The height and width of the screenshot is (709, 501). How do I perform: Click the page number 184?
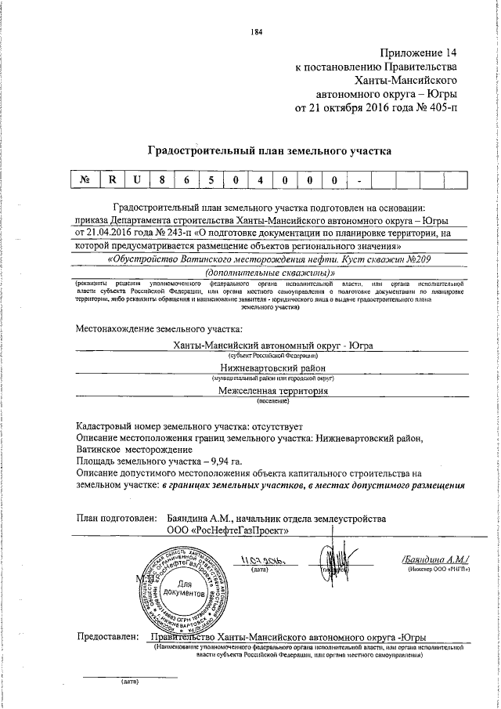pyautogui.click(x=255, y=31)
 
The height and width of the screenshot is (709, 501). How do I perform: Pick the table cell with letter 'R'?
pyautogui.click(x=113, y=180)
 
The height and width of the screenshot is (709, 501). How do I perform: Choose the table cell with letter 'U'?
pyautogui.click(x=137, y=180)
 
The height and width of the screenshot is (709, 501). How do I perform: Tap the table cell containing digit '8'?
pyautogui.click(x=162, y=180)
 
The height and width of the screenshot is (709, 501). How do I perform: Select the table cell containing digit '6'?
pyautogui.click(x=186, y=180)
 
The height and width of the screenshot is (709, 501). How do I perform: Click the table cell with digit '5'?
pyautogui.click(x=211, y=180)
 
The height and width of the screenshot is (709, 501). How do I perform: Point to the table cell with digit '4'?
pyautogui.click(x=260, y=180)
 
